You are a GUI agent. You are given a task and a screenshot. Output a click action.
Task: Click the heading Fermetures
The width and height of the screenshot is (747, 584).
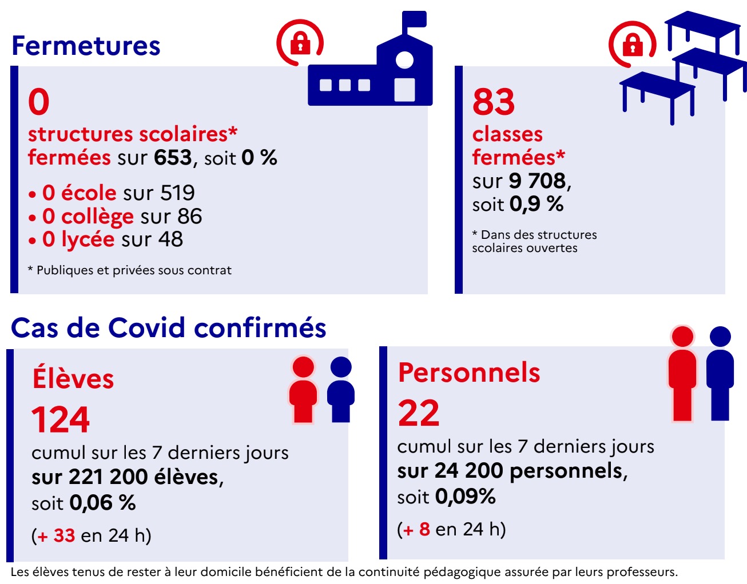point(86,46)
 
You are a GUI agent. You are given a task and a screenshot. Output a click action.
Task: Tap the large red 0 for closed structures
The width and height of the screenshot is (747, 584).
point(39,102)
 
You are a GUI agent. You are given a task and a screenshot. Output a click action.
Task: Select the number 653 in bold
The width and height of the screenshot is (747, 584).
point(172,158)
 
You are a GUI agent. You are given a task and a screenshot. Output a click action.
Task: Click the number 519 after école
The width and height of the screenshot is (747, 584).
point(177,193)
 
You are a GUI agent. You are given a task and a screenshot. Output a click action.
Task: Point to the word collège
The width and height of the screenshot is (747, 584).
point(97,217)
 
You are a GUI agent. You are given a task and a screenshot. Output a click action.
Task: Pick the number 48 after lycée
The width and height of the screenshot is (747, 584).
point(170,239)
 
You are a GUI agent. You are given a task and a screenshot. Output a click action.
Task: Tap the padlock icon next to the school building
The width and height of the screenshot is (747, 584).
point(300,43)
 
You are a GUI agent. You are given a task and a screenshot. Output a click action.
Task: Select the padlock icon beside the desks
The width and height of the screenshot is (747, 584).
point(632,44)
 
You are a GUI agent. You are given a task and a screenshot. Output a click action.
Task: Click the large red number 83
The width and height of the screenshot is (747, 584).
point(493,102)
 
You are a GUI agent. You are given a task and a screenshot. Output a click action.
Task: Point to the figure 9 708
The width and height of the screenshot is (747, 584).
point(537,181)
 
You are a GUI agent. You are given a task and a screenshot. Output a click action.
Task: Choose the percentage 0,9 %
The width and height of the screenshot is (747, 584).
point(537,204)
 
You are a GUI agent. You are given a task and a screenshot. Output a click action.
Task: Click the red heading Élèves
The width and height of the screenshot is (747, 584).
point(73,379)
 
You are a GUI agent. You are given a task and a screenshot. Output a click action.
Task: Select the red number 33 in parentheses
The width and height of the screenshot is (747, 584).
point(64,535)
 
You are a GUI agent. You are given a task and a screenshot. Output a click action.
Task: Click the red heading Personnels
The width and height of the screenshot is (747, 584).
point(469,373)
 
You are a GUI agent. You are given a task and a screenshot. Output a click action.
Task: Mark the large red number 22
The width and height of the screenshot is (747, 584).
point(419,414)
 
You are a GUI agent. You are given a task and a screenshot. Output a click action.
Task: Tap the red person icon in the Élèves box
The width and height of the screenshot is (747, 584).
point(303,389)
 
